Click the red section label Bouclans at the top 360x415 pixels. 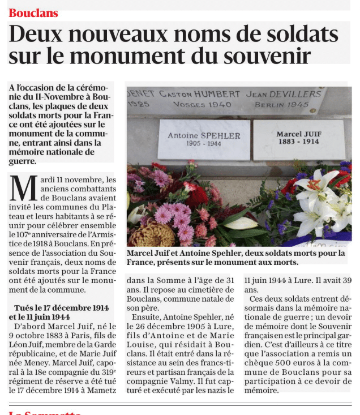point(33,12)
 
